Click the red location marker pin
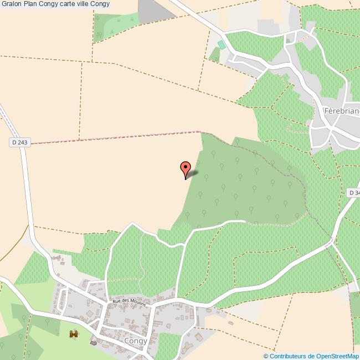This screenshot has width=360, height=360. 186,168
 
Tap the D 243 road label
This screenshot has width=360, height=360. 19,142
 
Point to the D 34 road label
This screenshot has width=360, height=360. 353,192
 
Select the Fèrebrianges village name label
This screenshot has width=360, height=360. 341,111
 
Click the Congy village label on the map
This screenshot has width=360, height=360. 136,341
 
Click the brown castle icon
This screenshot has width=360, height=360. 73,335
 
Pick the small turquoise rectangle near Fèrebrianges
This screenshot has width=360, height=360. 222,45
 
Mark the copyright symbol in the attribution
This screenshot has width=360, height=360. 266,356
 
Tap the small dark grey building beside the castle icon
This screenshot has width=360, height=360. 93,343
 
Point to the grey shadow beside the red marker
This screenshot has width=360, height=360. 193,174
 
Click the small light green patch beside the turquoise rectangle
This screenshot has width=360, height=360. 214,54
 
